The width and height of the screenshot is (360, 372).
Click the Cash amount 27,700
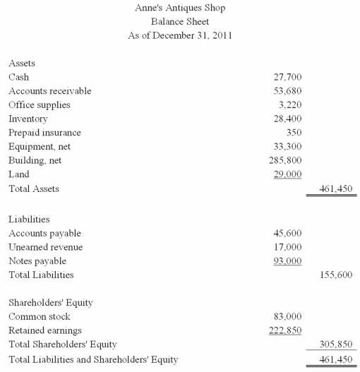click(x=287, y=77)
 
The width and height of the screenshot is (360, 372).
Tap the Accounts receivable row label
click(x=50, y=91)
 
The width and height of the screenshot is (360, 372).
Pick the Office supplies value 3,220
click(x=290, y=104)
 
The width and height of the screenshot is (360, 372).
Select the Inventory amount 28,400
click(x=287, y=119)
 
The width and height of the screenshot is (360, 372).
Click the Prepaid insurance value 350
click(x=294, y=132)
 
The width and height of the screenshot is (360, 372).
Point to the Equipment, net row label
click(x=40, y=146)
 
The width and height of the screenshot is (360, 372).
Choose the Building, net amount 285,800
click(x=285, y=160)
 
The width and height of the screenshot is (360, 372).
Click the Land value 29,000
click(x=287, y=174)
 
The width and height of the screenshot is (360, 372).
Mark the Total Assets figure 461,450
click(x=336, y=189)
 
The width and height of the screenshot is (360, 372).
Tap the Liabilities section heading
click(x=29, y=220)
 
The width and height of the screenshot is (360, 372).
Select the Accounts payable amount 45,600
click(x=287, y=233)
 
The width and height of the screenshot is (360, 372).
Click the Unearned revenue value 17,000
click(x=287, y=247)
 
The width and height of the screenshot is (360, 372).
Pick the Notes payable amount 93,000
click(x=287, y=261)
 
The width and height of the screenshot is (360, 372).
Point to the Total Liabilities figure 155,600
click(x=336, y=275)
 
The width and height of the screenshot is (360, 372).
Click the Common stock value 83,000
click(x=287, y=316)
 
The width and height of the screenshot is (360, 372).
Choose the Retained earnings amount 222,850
click(x=285, y=330)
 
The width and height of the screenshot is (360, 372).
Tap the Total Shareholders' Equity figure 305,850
click(x=336, y=344)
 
